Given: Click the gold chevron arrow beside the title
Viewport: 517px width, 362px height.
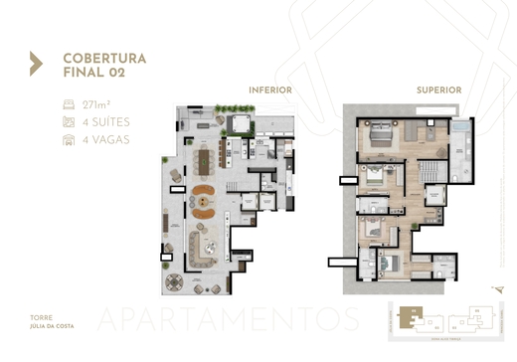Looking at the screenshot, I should coord(36,64).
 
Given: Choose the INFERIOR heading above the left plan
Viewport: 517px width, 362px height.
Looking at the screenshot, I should coord(270,90).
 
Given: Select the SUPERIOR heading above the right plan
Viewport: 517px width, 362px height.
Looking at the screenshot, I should coord(438,90).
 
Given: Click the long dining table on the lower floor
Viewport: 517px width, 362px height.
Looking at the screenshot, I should coord(210,160).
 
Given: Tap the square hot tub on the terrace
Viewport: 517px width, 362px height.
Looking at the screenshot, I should coord(238,123).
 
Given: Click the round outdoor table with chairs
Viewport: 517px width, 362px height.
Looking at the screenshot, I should coord(176,279).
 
